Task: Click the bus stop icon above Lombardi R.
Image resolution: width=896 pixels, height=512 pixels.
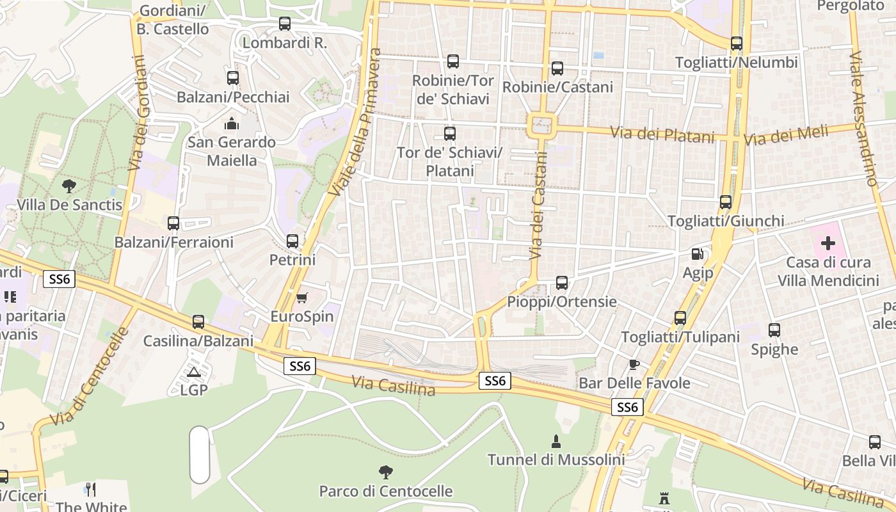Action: [285, 24]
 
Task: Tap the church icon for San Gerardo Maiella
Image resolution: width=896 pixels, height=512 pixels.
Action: [232, 123]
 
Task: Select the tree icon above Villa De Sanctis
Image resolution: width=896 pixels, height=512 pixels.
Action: [69, 186]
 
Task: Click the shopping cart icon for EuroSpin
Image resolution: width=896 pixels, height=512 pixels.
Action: [301, 298]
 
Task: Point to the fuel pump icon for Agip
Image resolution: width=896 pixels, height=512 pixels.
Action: [697, 254]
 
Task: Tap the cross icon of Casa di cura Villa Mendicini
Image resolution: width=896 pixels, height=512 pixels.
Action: [828, 243]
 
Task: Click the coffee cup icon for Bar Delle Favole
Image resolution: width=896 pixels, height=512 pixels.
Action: [634, 365]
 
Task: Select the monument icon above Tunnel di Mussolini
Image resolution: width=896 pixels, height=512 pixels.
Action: [556, 441]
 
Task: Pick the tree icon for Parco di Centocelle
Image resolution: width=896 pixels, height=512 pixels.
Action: [385, 472]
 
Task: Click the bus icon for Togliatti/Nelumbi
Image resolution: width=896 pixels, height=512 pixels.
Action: [737, 44]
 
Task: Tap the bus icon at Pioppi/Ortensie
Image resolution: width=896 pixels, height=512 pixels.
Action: [562, 282]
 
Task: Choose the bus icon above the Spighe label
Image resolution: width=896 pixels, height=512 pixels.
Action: [774, 330]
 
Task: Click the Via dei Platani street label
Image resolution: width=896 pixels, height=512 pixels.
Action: [662, 135]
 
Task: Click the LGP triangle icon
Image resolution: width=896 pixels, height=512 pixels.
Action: [194, 371]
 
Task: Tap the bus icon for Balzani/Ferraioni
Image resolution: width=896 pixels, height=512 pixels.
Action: [173, 223]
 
